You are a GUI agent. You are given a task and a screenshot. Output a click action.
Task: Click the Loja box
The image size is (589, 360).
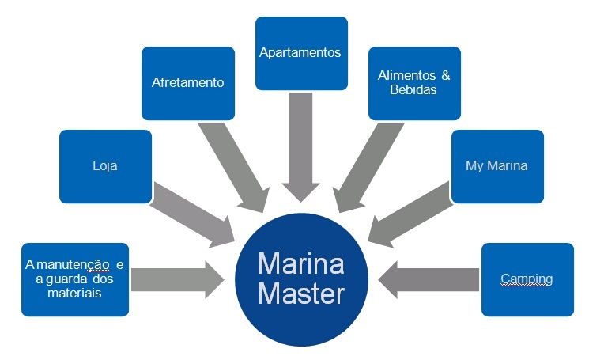coord(105,166)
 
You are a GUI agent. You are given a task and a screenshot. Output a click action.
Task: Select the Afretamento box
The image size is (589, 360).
coord(187,83)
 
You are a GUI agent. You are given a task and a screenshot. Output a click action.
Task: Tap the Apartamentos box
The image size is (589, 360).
coord(300,53)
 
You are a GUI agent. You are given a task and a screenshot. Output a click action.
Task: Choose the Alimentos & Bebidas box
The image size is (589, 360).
coord(413,83)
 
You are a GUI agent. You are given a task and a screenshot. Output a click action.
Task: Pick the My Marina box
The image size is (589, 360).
coord(496,166)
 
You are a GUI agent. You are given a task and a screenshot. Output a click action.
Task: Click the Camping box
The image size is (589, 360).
coord(527,279)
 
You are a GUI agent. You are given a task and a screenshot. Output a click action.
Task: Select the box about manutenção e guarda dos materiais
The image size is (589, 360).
coord(75,279)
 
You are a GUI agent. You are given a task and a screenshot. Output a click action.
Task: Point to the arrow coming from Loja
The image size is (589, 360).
coord(194,211)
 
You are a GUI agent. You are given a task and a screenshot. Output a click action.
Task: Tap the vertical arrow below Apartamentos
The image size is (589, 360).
coord(301,146)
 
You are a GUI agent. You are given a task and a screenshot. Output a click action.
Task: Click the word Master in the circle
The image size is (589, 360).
coord(301,294)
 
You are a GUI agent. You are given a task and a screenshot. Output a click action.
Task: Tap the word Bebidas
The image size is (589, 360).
coord(413,90)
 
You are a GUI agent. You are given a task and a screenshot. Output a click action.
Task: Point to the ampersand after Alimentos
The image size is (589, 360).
coord(446,76)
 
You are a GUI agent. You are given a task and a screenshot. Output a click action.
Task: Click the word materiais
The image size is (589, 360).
coord(74,293)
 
